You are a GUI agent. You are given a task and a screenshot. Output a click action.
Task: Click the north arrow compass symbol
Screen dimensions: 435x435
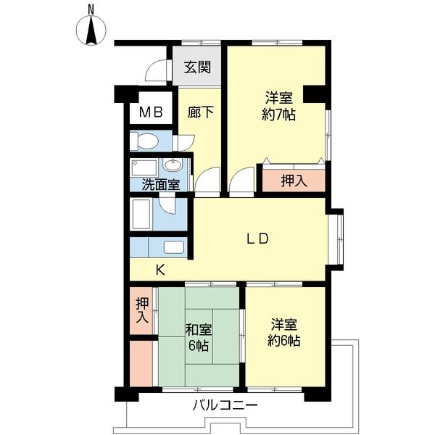[x=91, y=31]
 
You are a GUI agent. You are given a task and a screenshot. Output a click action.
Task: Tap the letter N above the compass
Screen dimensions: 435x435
[x=91, y=9]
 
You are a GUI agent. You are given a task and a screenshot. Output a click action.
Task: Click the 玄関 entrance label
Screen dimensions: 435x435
[x=197, y=67]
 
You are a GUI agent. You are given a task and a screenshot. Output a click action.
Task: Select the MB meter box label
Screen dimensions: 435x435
[x=151, y=112]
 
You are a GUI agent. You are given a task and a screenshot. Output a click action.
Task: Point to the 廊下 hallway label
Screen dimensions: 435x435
[x=201, y=112]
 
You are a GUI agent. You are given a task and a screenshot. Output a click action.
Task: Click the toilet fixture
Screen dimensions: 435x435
[x=144, y=141]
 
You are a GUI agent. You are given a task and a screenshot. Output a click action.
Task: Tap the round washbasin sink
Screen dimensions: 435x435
[x=173, y=165]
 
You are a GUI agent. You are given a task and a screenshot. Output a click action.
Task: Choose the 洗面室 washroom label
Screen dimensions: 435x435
[x=161, y=184]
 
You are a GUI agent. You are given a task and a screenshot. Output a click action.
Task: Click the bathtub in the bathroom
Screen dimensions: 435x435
[x=141, y=214]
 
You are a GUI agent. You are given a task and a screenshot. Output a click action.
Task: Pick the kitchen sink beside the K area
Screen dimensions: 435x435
[x=174, y=247]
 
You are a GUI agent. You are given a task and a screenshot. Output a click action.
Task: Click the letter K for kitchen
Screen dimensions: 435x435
[x=160, y=270]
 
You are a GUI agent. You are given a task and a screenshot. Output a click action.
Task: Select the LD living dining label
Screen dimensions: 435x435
[x=257, y=239]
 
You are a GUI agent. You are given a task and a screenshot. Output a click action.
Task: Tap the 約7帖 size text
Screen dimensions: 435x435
[x=278, y=115]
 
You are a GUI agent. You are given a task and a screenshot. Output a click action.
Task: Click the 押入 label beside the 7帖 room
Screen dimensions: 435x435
[x=294, y=181]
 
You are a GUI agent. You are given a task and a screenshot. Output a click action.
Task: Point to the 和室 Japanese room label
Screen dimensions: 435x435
[x=199, y=330]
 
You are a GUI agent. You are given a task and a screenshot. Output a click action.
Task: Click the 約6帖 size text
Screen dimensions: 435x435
[x=284, y=341]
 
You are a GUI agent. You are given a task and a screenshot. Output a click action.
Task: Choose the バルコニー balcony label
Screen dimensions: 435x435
[x=225, y=405]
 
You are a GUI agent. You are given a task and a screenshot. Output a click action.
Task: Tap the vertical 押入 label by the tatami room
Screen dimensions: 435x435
[x=142, y=311]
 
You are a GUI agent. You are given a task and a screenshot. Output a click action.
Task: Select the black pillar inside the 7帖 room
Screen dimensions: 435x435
[x=314, y=94]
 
